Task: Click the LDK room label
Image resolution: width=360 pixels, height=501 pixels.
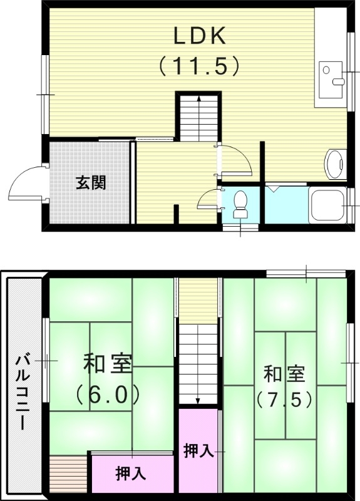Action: click(x=199, y=36)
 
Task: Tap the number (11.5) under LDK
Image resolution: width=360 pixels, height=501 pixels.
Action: click(x=199, y=64)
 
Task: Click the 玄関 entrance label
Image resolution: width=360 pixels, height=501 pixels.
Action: click(x=91, y=183)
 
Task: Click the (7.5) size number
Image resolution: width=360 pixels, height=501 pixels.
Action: click(x=284, y=399)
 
